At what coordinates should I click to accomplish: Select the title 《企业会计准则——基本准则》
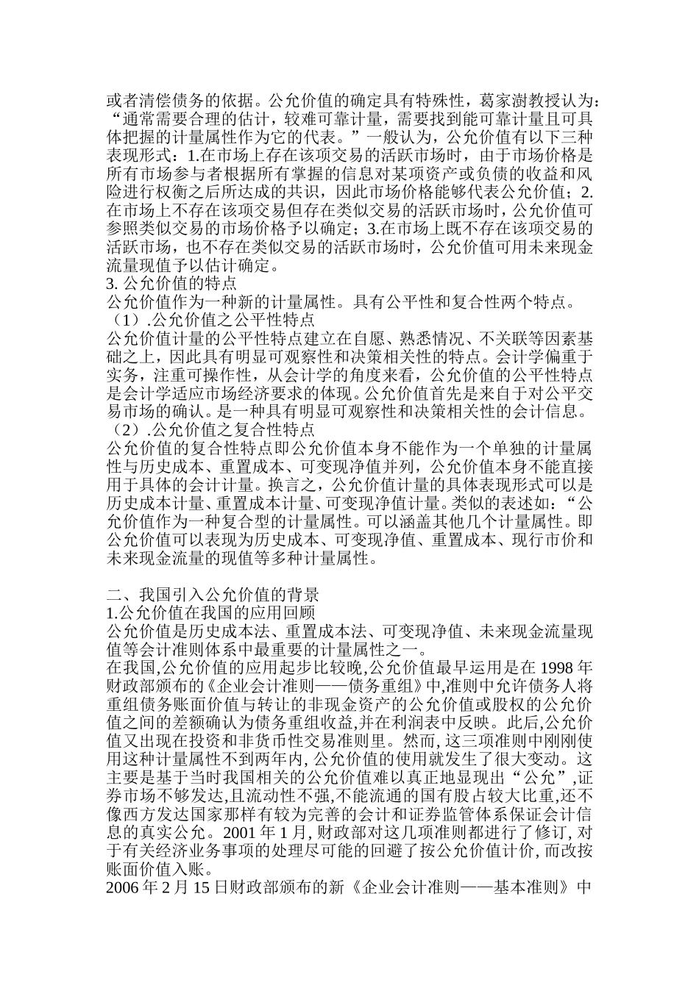coord(461,887)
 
